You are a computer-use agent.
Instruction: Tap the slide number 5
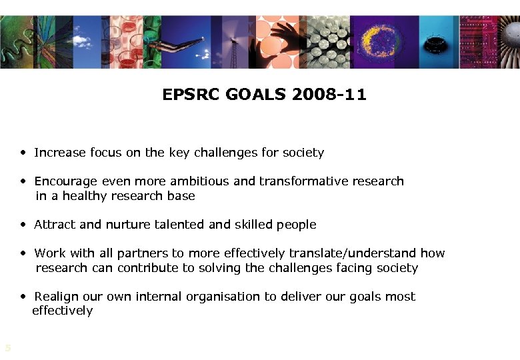pos(7,347)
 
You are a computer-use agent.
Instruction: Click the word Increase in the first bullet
pos(57,153)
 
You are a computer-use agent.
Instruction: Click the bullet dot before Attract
pos(23,225)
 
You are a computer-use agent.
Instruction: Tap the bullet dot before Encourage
pos(23,181)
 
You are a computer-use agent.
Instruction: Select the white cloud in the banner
pos(81,41)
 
